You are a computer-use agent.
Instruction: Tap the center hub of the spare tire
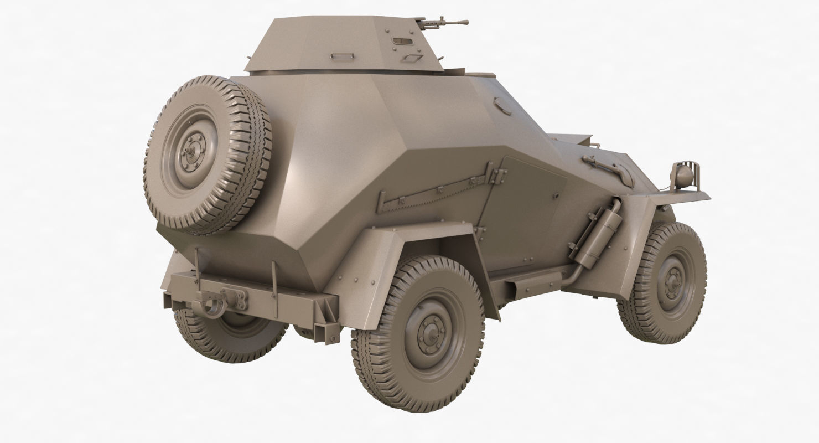pyautogui.click(x=191, y=151)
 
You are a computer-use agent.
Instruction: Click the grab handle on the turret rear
pyautogui.click(x=343, y=56)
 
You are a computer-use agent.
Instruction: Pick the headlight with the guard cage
pyautogui.click(x=684, y=176)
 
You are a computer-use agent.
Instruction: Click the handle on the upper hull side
pyautogui.click(x=502, y=105)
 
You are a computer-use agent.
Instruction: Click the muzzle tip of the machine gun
pyautogui.click(x=466, y=23)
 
